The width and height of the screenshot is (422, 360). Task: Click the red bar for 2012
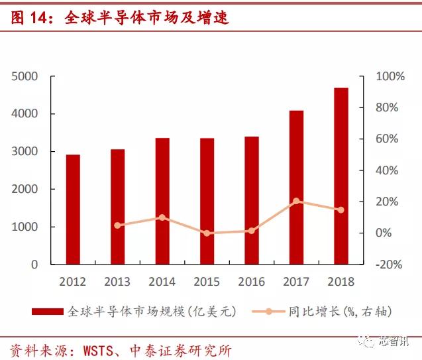(73, 209)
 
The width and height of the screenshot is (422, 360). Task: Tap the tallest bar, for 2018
(341, 176)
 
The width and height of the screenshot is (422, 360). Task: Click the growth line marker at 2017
(296, 201)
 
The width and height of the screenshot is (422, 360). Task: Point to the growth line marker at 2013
(118, 225)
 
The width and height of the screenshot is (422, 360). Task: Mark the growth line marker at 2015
(207, 233)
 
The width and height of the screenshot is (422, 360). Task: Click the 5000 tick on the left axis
(25, 77)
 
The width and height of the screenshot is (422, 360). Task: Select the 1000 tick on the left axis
(25, 227)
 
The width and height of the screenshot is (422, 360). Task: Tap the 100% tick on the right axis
(390, 77)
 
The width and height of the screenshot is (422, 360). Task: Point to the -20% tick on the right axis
(390, 265)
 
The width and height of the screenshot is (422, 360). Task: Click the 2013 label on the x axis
(117, 282)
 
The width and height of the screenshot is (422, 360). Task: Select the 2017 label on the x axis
(296, 282)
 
